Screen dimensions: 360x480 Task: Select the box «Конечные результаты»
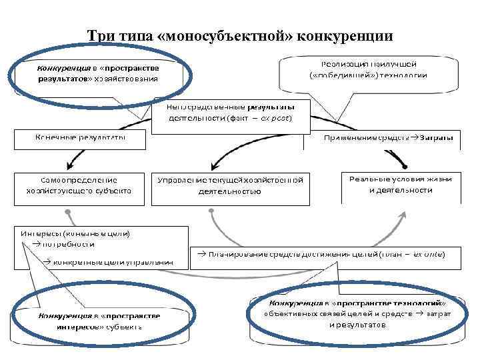pyautogui.click(x=80, y=137)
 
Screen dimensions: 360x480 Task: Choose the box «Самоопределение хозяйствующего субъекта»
pyautogui.click(x=79, y=185)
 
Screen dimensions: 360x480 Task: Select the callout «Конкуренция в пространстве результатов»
pyautogui.click(x=97, y=73)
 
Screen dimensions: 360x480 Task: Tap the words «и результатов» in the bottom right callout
pyautogui.click(x=357, y=325)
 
